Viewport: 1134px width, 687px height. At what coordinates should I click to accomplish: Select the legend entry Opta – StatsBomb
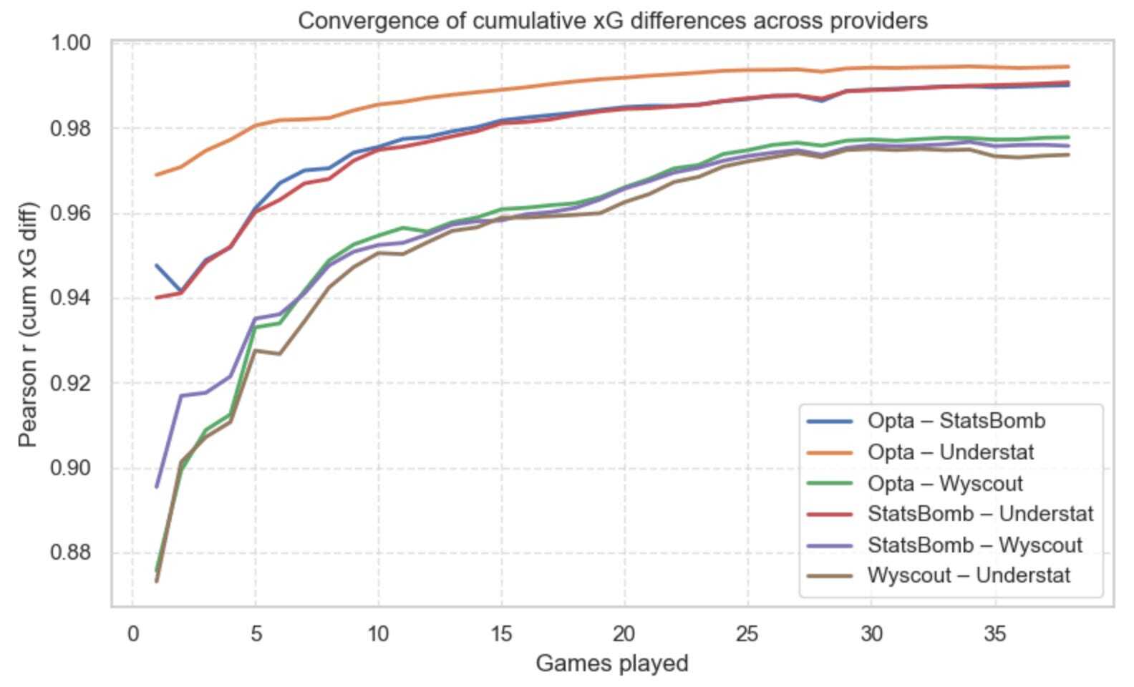(x=956, y=421)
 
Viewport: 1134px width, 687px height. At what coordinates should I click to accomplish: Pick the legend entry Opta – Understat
(x=951, y=452)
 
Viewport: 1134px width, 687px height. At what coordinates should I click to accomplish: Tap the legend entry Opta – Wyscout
(x=945, y=484)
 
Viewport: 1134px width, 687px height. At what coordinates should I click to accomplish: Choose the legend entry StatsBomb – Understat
(x=980, y=514)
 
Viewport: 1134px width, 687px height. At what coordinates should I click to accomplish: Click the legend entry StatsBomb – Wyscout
(x=974, y=545)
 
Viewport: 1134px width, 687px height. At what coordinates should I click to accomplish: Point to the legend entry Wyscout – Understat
(x=969, y=575)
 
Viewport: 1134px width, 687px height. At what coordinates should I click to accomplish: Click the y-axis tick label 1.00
(x=71, y=44)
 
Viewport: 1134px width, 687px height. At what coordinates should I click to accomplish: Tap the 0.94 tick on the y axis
(x=71, y=298)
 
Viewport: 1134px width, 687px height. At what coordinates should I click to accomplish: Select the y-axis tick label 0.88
(x=71, y=553)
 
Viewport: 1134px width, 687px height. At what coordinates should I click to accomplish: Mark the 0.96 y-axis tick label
(x=71, y=214)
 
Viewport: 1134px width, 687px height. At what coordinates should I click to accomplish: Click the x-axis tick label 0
(x=132, y=634)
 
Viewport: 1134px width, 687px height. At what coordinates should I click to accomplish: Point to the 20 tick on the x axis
(x=624, y=634)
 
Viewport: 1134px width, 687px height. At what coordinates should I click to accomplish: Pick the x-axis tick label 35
(x=994, y=634)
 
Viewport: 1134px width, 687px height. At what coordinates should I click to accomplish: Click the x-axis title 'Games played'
(x=612, y=664)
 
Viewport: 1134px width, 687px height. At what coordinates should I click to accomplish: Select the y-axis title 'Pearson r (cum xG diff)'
(x=28, y=324)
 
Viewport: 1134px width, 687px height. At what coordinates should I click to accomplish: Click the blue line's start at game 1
(x=157, y=265)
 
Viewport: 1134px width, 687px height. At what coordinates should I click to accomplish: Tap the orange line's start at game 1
(x=157, y=175)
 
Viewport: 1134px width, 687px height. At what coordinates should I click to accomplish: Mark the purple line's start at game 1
(x=157, y=487)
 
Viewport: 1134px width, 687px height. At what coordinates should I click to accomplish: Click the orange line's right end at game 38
(x=1068, y=67)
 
